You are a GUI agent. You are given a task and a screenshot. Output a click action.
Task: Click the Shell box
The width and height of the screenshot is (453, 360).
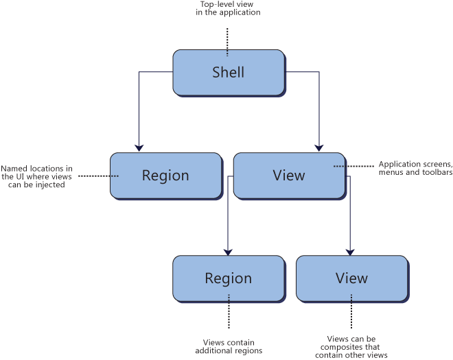tap(228, 72)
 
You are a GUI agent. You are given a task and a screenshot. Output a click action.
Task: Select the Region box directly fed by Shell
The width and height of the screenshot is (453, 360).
tap(165, 176)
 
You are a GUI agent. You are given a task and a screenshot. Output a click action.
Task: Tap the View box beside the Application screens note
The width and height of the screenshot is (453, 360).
tap(288, 176)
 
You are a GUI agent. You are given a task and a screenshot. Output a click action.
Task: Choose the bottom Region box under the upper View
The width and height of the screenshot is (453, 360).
tap(228, 278)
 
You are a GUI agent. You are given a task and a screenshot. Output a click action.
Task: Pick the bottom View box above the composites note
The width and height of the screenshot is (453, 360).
tap(351, 278)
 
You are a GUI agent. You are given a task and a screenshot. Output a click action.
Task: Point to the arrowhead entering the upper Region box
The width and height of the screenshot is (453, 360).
tap(139, 147)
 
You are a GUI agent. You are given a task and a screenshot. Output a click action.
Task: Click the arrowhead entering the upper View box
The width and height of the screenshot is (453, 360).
tap(318, 147)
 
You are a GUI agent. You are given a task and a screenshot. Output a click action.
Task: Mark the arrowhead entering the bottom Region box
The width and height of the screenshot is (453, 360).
tap(227, 251)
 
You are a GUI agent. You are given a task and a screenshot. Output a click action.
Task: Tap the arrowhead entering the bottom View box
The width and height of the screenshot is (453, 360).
tap(351, 251)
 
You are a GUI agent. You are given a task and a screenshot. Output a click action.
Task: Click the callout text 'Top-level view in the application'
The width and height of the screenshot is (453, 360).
tap(229, 8)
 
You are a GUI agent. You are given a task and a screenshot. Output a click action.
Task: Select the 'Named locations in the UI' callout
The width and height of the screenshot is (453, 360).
tap(37, 176)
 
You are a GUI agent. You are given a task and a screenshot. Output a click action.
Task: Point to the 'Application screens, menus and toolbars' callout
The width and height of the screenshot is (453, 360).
tap(415, 168)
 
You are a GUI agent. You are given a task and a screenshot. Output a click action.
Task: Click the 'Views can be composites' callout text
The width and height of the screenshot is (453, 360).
tap(351, 347)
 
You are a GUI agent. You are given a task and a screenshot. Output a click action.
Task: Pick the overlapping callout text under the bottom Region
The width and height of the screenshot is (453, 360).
tap(228, 347)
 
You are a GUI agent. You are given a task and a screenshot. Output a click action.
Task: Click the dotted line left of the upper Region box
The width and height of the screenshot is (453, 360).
tap(98, 176)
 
